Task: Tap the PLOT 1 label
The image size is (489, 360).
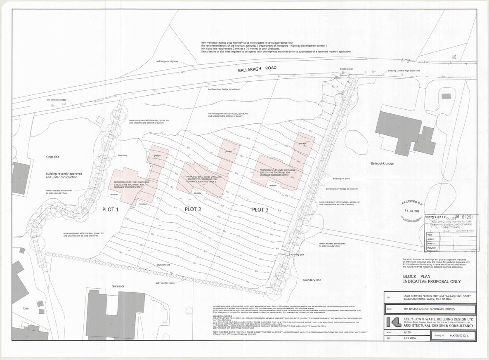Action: click(111, 209)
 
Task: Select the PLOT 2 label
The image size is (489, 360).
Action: click(193, 209)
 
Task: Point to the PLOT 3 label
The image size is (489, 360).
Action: click(260, 209)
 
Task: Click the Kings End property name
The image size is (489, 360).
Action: click(54, 157)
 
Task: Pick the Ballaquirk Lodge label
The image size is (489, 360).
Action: click(382, 164)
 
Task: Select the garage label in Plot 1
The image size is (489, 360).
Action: click(157, 156)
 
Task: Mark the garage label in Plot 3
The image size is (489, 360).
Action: click(302, 144)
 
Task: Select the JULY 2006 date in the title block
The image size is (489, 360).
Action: click(411, 337)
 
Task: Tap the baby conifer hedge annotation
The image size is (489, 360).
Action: click(165, 282)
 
